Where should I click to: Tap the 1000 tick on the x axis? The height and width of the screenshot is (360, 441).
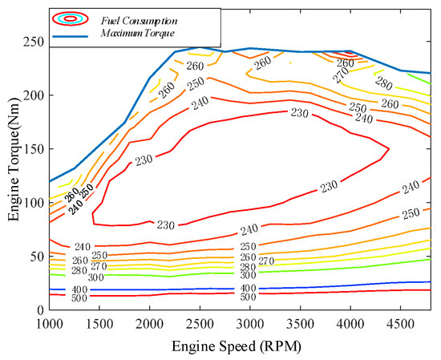[x=50, y=322]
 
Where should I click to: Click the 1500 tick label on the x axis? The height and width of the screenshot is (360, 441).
[x=99, y=322]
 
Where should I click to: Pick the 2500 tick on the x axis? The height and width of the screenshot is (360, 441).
[x=200, y=322]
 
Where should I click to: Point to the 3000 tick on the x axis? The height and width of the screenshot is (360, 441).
[x=249, y=322]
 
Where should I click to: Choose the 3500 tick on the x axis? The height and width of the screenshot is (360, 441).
[x=299, y=322]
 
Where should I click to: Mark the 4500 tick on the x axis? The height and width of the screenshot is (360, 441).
[x=399, y=322]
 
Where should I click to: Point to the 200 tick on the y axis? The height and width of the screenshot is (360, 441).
[x=33, y=95]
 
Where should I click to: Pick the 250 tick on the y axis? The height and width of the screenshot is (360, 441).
[x=33, y=42]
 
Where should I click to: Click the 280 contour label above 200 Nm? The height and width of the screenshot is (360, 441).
[x=384, y=85]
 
